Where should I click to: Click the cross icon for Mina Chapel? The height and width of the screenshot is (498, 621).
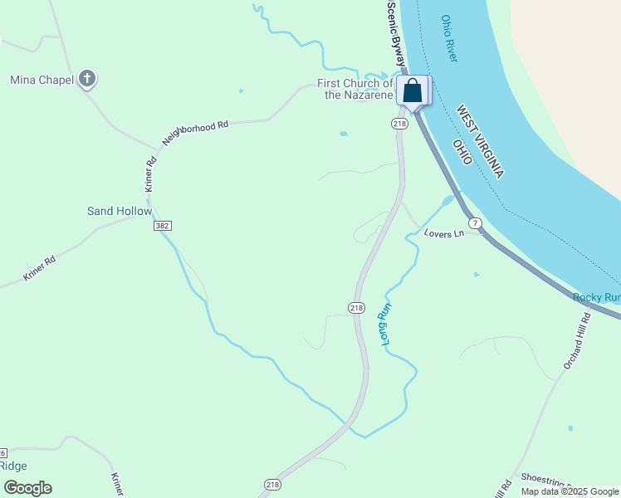[x=87, y=80]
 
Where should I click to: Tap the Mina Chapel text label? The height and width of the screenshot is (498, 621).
[x=41, y=80]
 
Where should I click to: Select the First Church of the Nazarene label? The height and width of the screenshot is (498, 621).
[x=355, y=89]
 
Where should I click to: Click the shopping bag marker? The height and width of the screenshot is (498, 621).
[x=412, y=91]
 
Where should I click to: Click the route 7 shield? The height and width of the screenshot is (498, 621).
[x=475, y=223]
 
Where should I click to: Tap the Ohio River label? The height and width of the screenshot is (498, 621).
[x=449, y=38]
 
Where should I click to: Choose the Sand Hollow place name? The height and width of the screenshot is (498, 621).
[x=120, y=211]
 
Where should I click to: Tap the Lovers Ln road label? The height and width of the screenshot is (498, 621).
[x=443, y=234]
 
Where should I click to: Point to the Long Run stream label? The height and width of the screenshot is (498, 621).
[x=387, y=326]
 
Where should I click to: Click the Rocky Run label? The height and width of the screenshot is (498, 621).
[x=596, y=297]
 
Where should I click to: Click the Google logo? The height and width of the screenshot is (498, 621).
[x=27, y=488]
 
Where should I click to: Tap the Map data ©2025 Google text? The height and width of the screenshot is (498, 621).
[x=570, y=491]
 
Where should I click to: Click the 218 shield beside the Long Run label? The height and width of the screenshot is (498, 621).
[x=356, y=308]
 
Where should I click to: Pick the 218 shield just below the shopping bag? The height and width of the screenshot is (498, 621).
[x=400, y=124]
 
